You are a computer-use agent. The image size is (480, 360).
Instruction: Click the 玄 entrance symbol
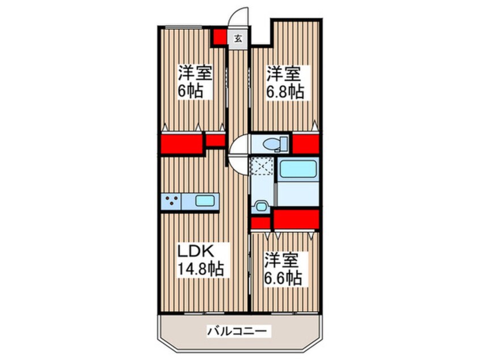click(238, 39)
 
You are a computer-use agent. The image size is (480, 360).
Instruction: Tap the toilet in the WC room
click(271, 144)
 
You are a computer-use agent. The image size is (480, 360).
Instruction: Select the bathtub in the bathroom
click(297, 170)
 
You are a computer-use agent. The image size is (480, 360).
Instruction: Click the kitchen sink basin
click(205, 200)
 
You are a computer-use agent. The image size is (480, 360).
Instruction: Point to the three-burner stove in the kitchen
click(172, 200)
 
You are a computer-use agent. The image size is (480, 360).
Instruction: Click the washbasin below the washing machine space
click(261, 207)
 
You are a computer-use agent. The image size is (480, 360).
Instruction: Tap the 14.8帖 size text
click(201, 268)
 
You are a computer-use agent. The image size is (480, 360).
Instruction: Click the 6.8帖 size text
click(286, 91)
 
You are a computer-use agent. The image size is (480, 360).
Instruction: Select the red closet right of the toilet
click(305, 144)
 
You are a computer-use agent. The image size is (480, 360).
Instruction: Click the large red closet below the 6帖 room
click(182, 144)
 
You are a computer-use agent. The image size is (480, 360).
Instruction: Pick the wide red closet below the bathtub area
click(296, 218)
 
